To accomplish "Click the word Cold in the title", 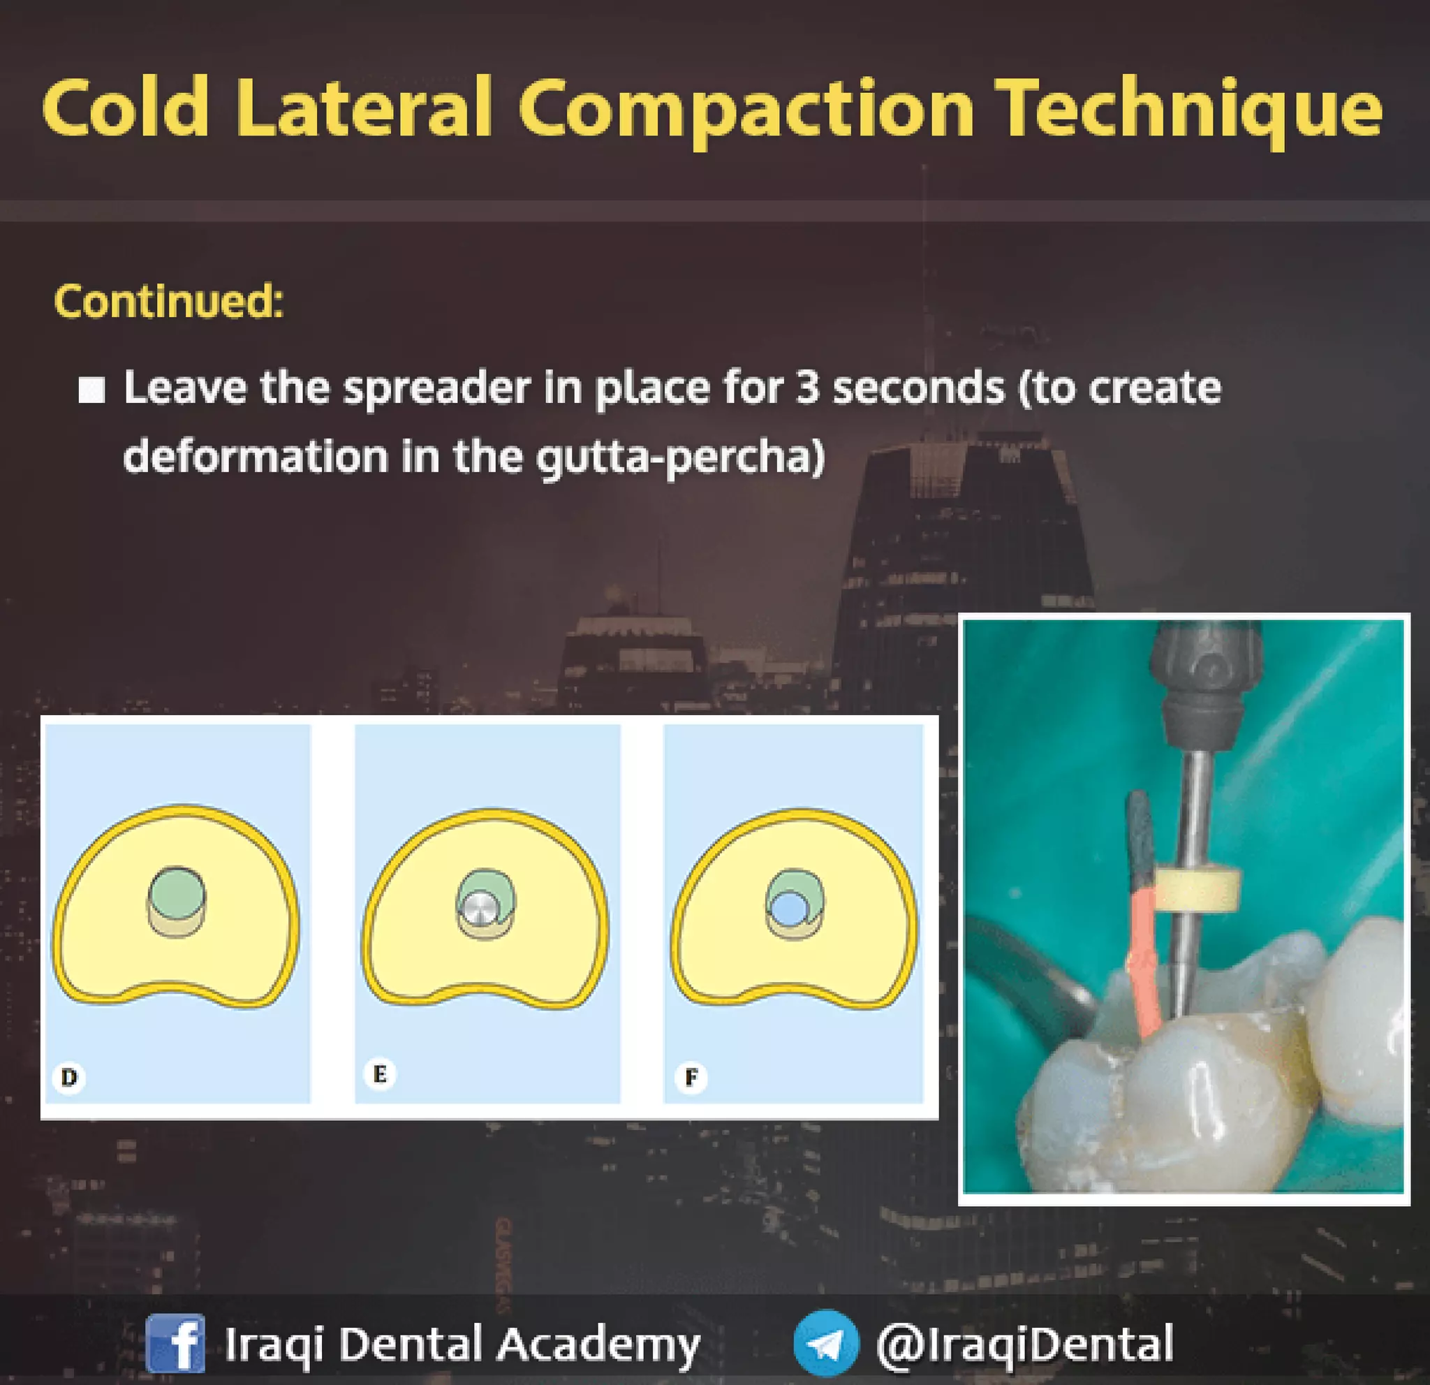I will click(126, 110).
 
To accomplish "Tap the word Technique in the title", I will click(1188, 111).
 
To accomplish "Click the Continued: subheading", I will click(168, 300).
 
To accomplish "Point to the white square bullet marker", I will click(91, 390).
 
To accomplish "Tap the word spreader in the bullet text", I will click(436, 389).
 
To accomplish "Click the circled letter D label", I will click(69, 1077).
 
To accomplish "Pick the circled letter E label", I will click(379, 1074).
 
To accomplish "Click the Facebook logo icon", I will click(175, 1343).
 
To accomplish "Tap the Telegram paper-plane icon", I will click(827, 1343).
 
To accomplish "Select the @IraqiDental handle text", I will click(1025, 1343).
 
